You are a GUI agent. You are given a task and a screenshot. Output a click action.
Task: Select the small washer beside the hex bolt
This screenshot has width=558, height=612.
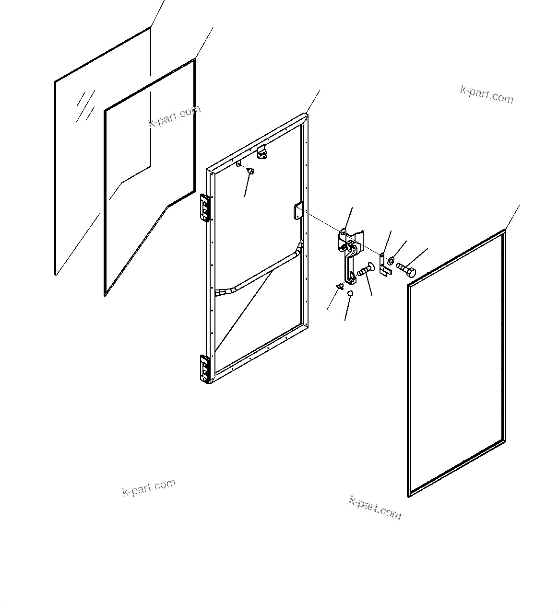coord(392,260)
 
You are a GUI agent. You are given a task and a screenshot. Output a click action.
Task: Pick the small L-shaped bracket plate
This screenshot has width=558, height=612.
coord(383,264)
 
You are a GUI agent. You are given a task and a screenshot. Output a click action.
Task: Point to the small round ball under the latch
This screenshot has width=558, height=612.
coord(350,293)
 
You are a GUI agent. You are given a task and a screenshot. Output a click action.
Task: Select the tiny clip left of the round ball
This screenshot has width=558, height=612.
coord(340,286)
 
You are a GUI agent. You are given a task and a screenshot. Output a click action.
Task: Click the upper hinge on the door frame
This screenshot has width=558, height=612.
coord(205,208)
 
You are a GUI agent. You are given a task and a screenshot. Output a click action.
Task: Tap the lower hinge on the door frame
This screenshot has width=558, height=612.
coord(205,369)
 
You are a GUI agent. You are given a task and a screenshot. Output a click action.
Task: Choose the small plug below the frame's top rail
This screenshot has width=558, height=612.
coord(250,171)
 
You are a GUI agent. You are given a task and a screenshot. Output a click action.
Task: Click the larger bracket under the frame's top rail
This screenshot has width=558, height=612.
coord(263,153)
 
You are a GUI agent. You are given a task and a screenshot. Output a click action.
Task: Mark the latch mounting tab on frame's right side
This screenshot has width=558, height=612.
coord(297,212)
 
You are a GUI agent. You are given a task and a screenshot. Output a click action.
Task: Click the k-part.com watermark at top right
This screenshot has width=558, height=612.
coord(486,94)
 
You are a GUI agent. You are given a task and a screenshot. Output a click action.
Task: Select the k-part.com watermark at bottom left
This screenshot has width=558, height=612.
coord(149,487)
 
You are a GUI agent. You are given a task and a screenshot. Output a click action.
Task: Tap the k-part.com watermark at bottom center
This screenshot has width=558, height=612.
coord(375,508)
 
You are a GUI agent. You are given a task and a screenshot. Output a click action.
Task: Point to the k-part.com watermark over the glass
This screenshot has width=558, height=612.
coord(174,116)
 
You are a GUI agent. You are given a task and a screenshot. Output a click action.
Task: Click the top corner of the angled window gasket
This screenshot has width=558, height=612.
coord(194,60)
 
